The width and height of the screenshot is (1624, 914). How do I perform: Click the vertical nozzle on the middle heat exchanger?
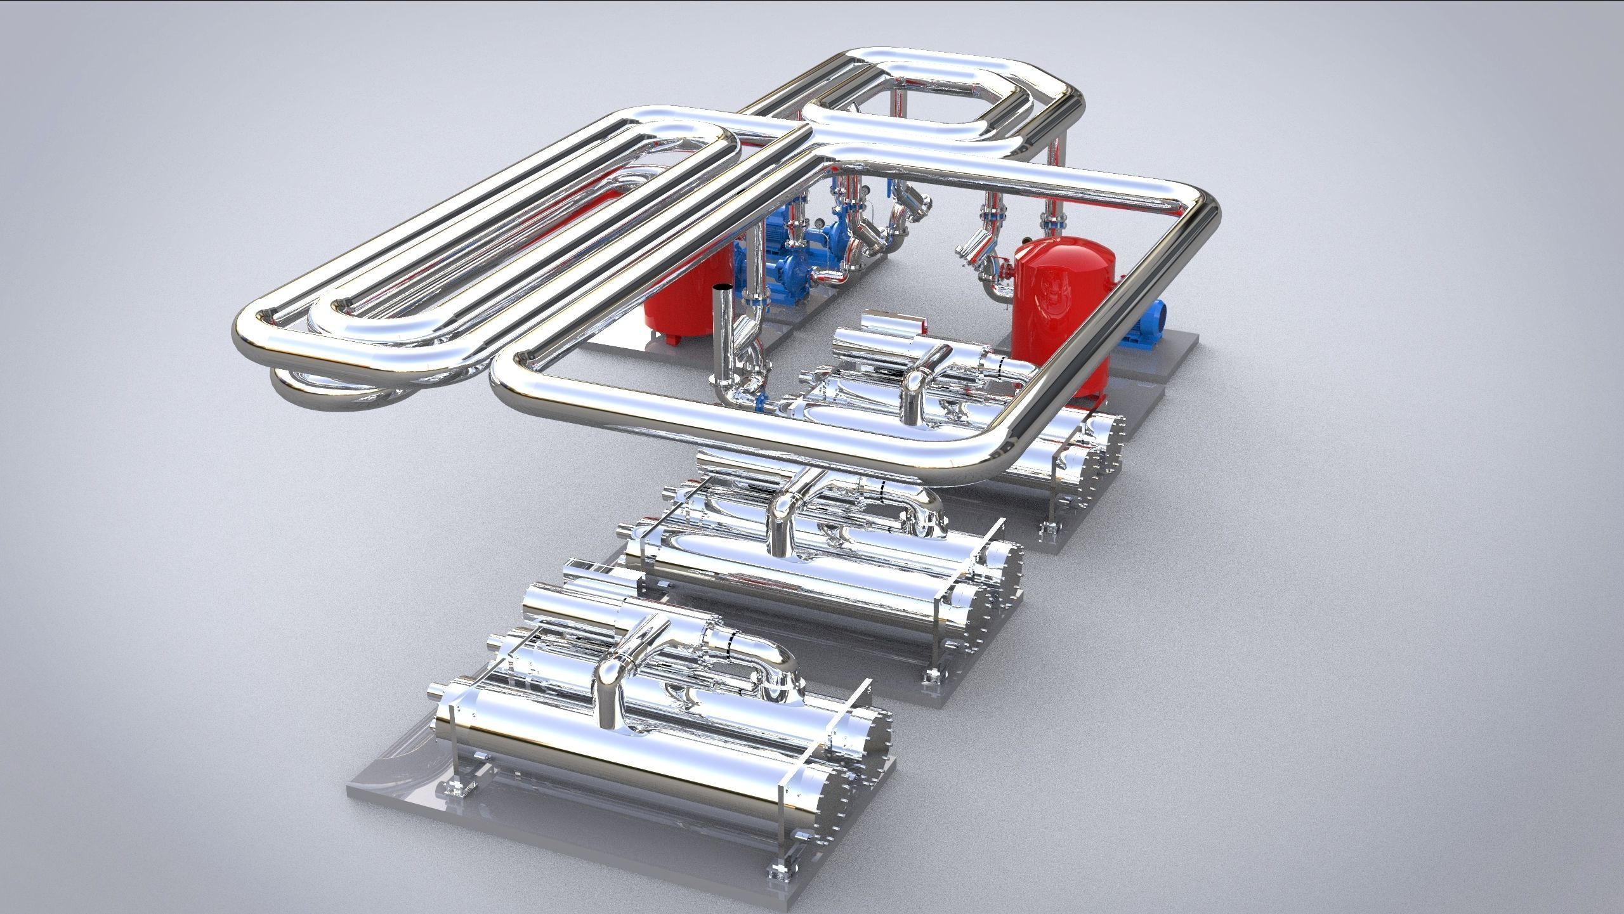tap(781, 526)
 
